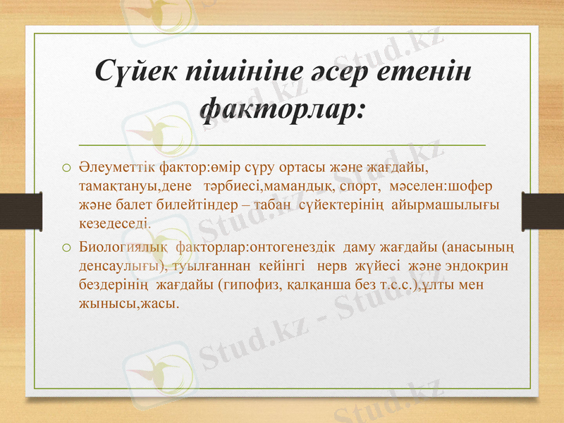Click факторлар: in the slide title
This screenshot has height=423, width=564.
(x=282, y=109)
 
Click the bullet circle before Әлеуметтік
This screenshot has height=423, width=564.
(x=66, y=169)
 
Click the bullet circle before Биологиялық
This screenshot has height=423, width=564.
(x=66, y=249)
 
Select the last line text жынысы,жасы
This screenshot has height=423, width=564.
(x=129, y=304)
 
